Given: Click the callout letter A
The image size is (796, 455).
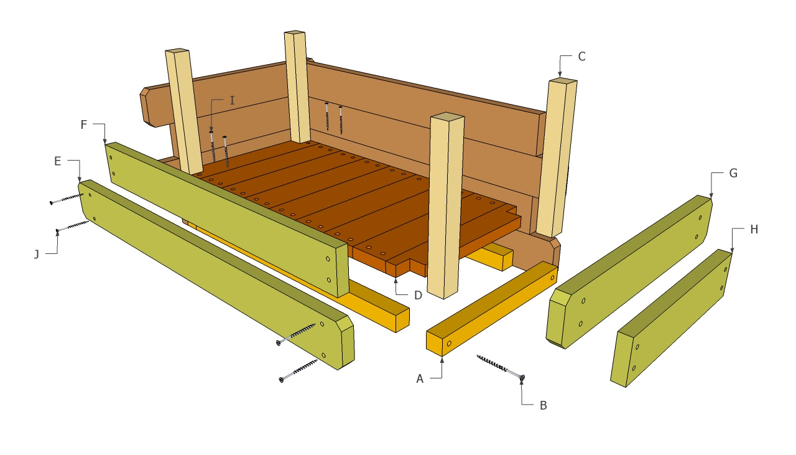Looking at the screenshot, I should pyautogui.click(x=420, y=378).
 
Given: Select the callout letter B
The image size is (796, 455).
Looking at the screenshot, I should pyautogui.click(x=543, y=405).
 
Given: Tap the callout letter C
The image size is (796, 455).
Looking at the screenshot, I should pyautogui.click(x=581, y=56).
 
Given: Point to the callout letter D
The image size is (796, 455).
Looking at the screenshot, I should pyautogui.click(x=418, y=295).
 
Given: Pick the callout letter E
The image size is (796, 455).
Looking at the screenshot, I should pyautogui.click(x=57, y=161).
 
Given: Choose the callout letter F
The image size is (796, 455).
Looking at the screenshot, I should pyautogui.click(x=84, y=124).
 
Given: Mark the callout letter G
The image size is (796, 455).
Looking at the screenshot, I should pyautogui.click(x=733, y=173).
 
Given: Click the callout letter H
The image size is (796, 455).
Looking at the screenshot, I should pyautogui.click(x=754, y=229).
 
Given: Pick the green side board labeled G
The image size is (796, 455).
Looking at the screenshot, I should pyautogui.click(x=628, y=274).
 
